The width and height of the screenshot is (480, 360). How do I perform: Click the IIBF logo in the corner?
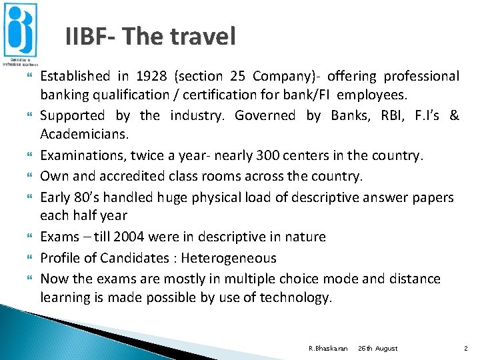[x=21, y=33]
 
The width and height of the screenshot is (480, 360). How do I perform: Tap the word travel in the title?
[x=203, y=36]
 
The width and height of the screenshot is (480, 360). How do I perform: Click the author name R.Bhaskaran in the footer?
[x=327, y=348]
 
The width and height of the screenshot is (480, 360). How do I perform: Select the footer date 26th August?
[x=377, y=348]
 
